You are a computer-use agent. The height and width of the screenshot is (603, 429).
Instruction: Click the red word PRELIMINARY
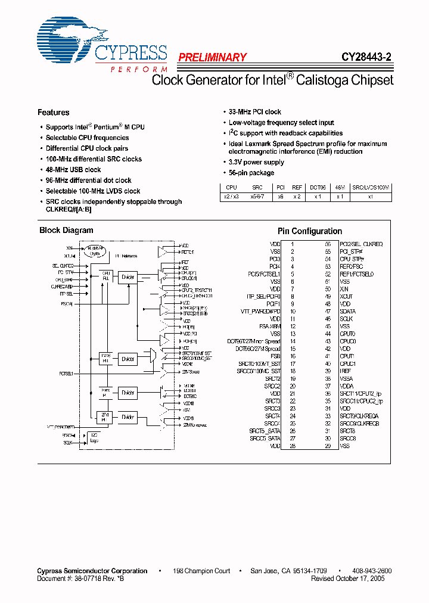pyautogui.click(x=212, y=58)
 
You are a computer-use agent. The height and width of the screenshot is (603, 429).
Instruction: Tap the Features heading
pyautogui.click(x=54, y=112)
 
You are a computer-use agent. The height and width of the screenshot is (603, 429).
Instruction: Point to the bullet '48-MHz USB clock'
pyautogui.click(x=73, y=170)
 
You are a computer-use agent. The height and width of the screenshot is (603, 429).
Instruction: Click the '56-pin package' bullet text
pyautogui.click(x=251, y=173)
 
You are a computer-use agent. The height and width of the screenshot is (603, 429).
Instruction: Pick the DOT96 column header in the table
pyautogui.click(x=318, y=187)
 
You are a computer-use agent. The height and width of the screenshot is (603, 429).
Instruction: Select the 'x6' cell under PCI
pyautogui.click(x=280, y=196)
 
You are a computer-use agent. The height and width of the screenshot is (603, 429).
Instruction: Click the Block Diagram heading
pyautogui.click(x=66, y=230)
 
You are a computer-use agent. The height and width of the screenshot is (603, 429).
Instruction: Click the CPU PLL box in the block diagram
pyautogui.click(x=106, y=277)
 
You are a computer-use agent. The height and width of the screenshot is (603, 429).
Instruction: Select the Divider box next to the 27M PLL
pyautogui.click(x=128, y=417)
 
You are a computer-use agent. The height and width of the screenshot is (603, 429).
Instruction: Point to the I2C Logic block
pyautogui.click(x=94, y=439)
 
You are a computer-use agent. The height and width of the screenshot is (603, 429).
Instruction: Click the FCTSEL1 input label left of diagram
pyautogui.click(x=66, y=374)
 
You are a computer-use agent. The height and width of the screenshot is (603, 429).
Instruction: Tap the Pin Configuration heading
pyautogui.click(x=310, y=231)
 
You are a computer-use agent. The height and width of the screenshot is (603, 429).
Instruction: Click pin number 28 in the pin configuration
pyautogui.click(x=292, y=446)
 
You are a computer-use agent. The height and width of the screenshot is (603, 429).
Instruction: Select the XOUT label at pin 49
pyautogui.click(x=346, y=296)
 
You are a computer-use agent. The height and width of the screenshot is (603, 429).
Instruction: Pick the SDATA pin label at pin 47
pyautogui.click(x=347, y=311)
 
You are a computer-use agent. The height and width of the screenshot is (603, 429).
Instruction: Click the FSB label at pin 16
pyautogui.click(x=275, y=356)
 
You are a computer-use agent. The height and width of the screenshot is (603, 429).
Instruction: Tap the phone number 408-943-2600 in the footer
pyautogui.click(x=369, y=571)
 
